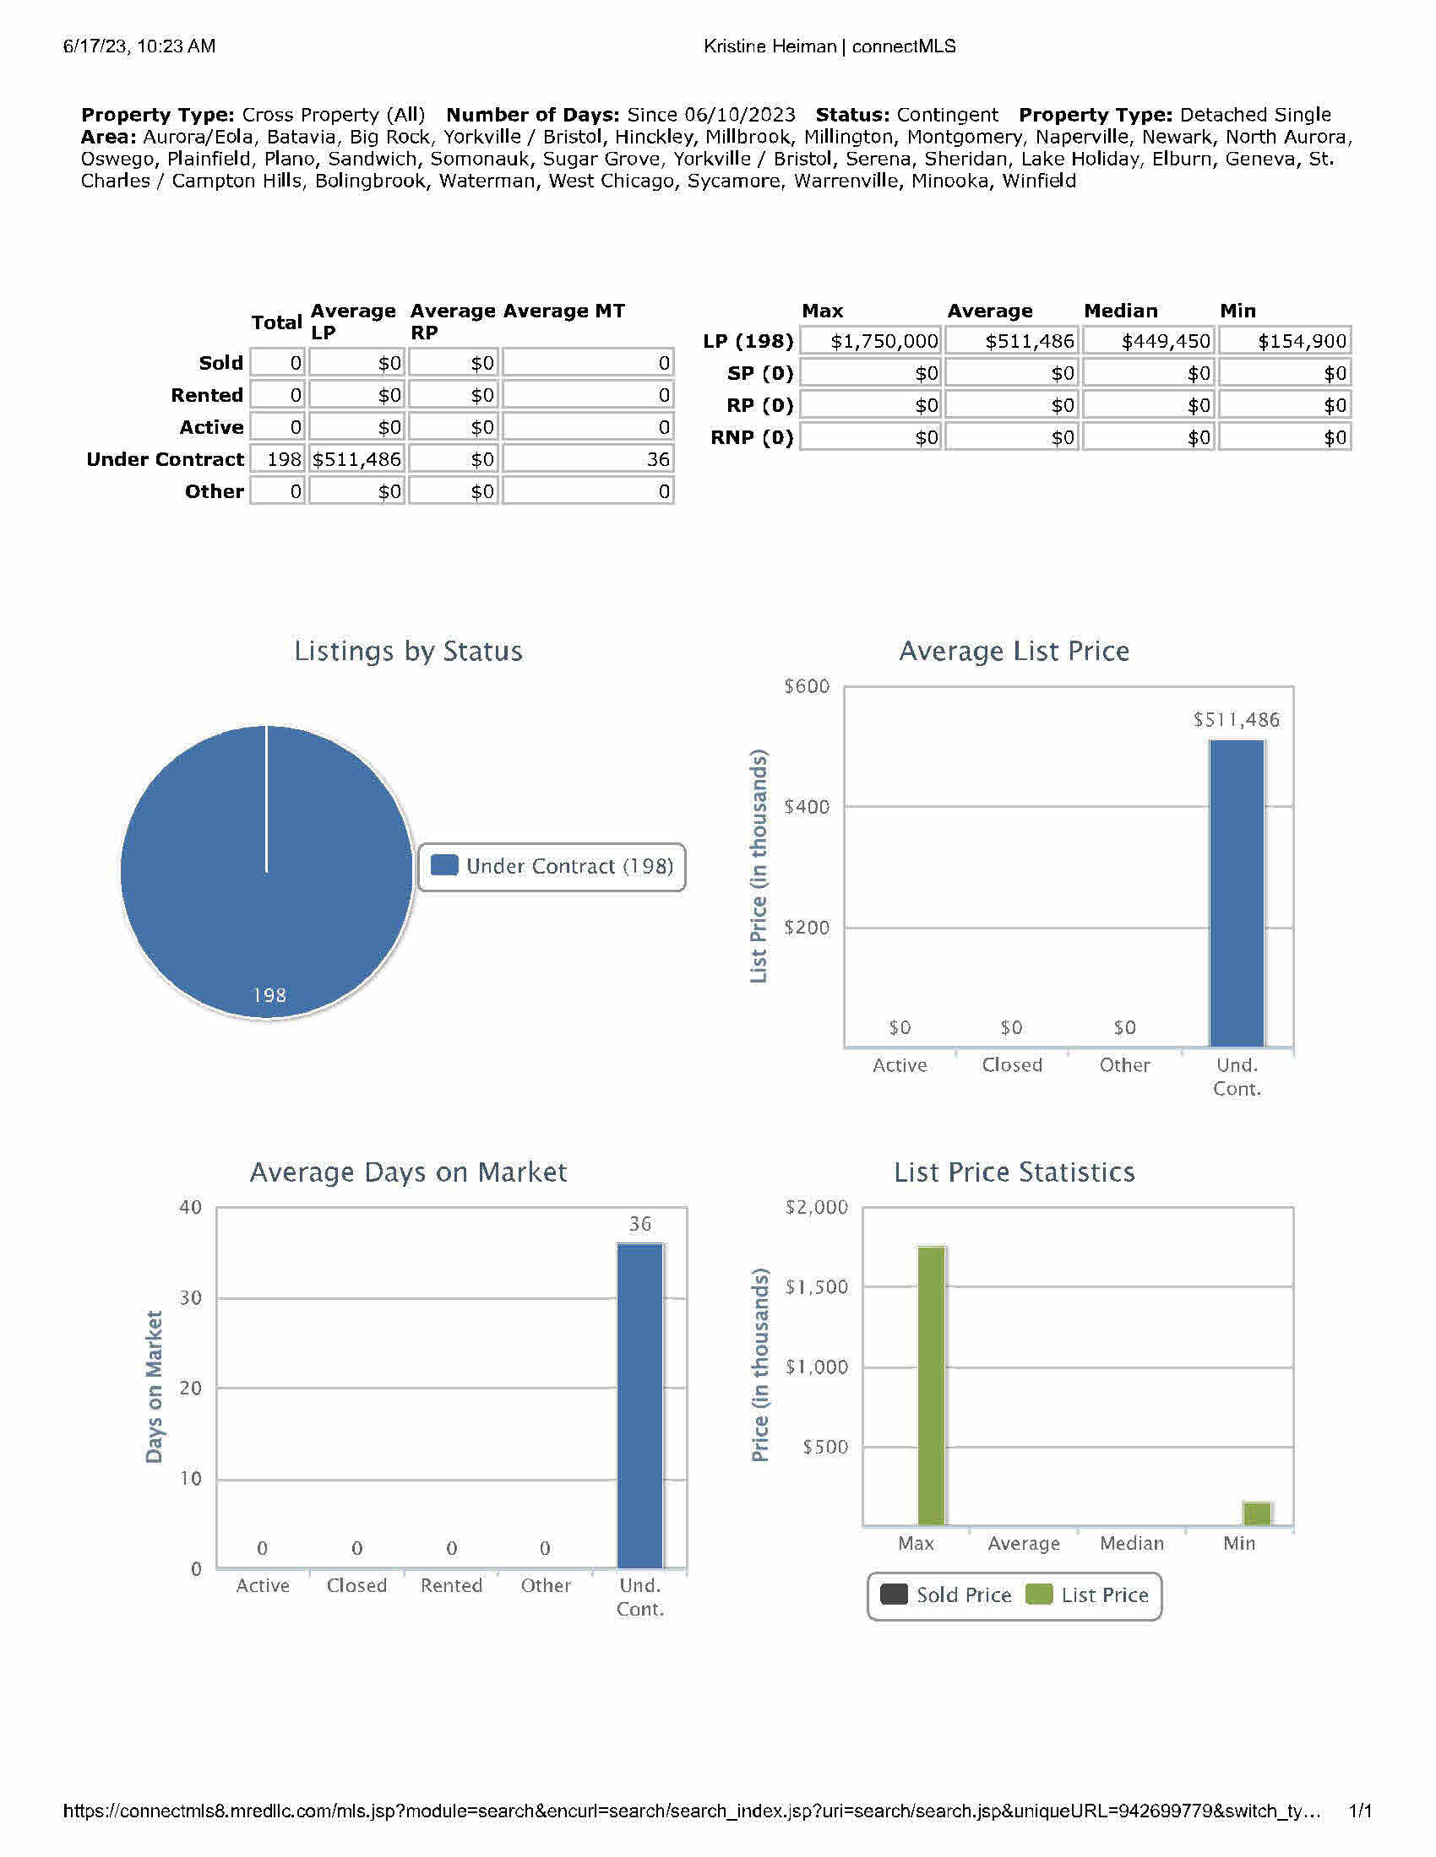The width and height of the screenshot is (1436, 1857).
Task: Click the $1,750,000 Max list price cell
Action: click(870, 342)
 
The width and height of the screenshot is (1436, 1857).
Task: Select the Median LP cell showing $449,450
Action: click(1149, 342)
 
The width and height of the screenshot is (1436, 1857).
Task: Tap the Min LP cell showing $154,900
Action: click(1285, 342)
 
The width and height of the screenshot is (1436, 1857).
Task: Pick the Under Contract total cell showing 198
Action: click(277, 460)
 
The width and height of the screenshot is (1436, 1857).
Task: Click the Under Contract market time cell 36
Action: click(588, 460)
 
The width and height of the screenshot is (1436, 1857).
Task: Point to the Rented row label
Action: click(207, 395)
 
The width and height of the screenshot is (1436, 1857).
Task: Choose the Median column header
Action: click(1120, 311)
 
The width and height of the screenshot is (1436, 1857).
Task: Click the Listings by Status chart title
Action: click(408, 652)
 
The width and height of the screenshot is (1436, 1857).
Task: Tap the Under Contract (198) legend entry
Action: click(553, 866)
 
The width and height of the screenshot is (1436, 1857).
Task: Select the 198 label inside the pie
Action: click(269, 995)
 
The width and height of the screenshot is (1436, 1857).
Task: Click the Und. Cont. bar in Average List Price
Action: click(1236, 893)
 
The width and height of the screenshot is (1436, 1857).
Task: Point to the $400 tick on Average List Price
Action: click(807, 807)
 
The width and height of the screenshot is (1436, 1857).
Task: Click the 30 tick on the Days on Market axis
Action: click(191, 1297)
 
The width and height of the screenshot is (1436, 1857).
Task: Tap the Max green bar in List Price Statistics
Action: click(931, 1385)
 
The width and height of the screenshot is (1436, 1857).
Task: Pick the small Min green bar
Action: click(1257, 1514)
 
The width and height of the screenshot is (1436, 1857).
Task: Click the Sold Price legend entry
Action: click(946, 1595)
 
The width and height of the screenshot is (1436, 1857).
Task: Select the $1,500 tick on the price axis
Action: click(816, 1287)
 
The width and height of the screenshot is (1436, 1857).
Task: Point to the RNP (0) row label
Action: click(752, 438)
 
